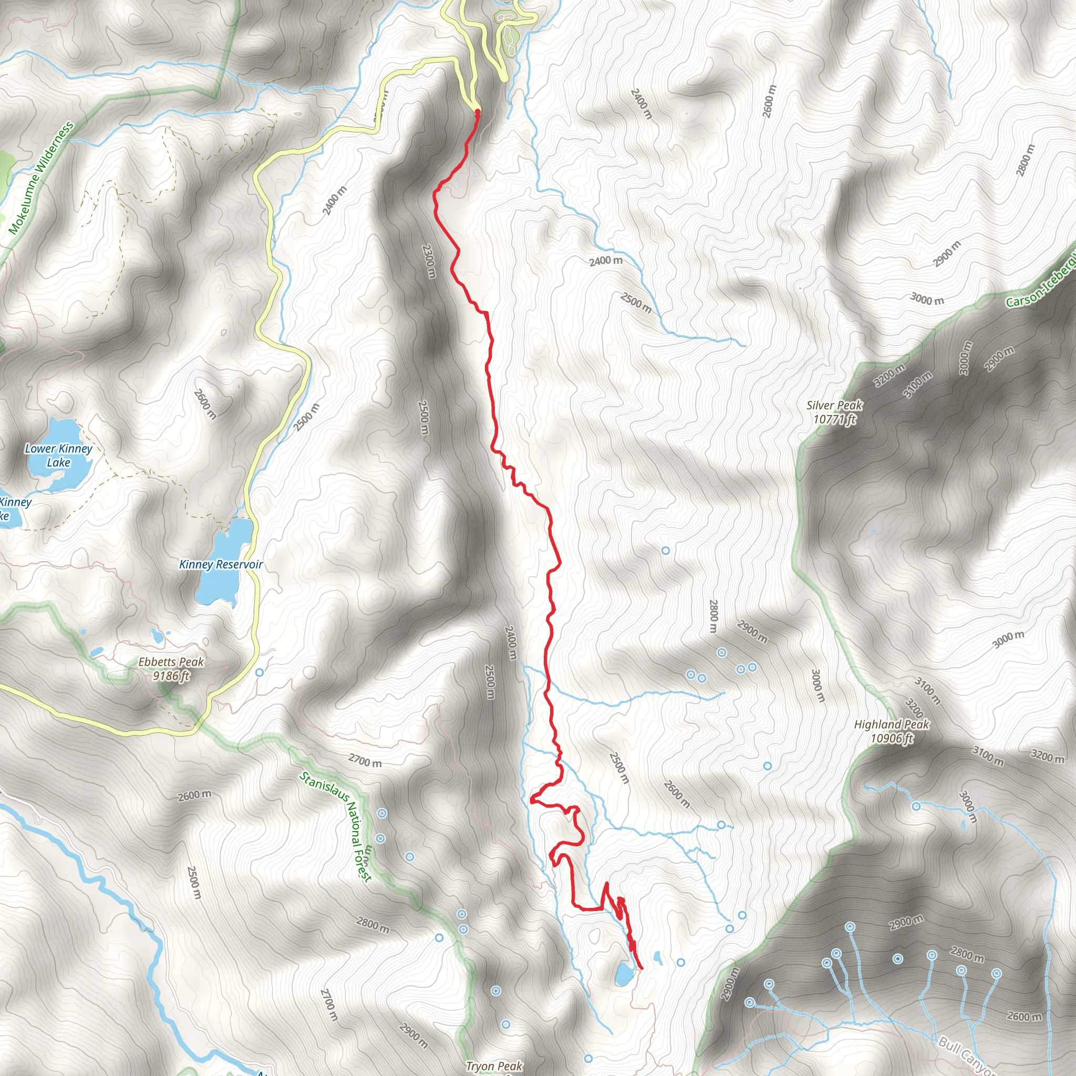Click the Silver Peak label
point(834,412)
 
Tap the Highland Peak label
point(891,731)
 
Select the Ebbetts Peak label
point(171,668)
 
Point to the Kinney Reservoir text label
point(221,564)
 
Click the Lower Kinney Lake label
point(58,455)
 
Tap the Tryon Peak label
point(494,1066)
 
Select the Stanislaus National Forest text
point(336,826)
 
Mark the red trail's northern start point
point(477,112)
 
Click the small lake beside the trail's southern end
point(623,974)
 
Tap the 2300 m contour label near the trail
point(428,261)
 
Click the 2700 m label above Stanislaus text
point(365,760)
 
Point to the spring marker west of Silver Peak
point(665,550)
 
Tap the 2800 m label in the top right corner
point(1026,160)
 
